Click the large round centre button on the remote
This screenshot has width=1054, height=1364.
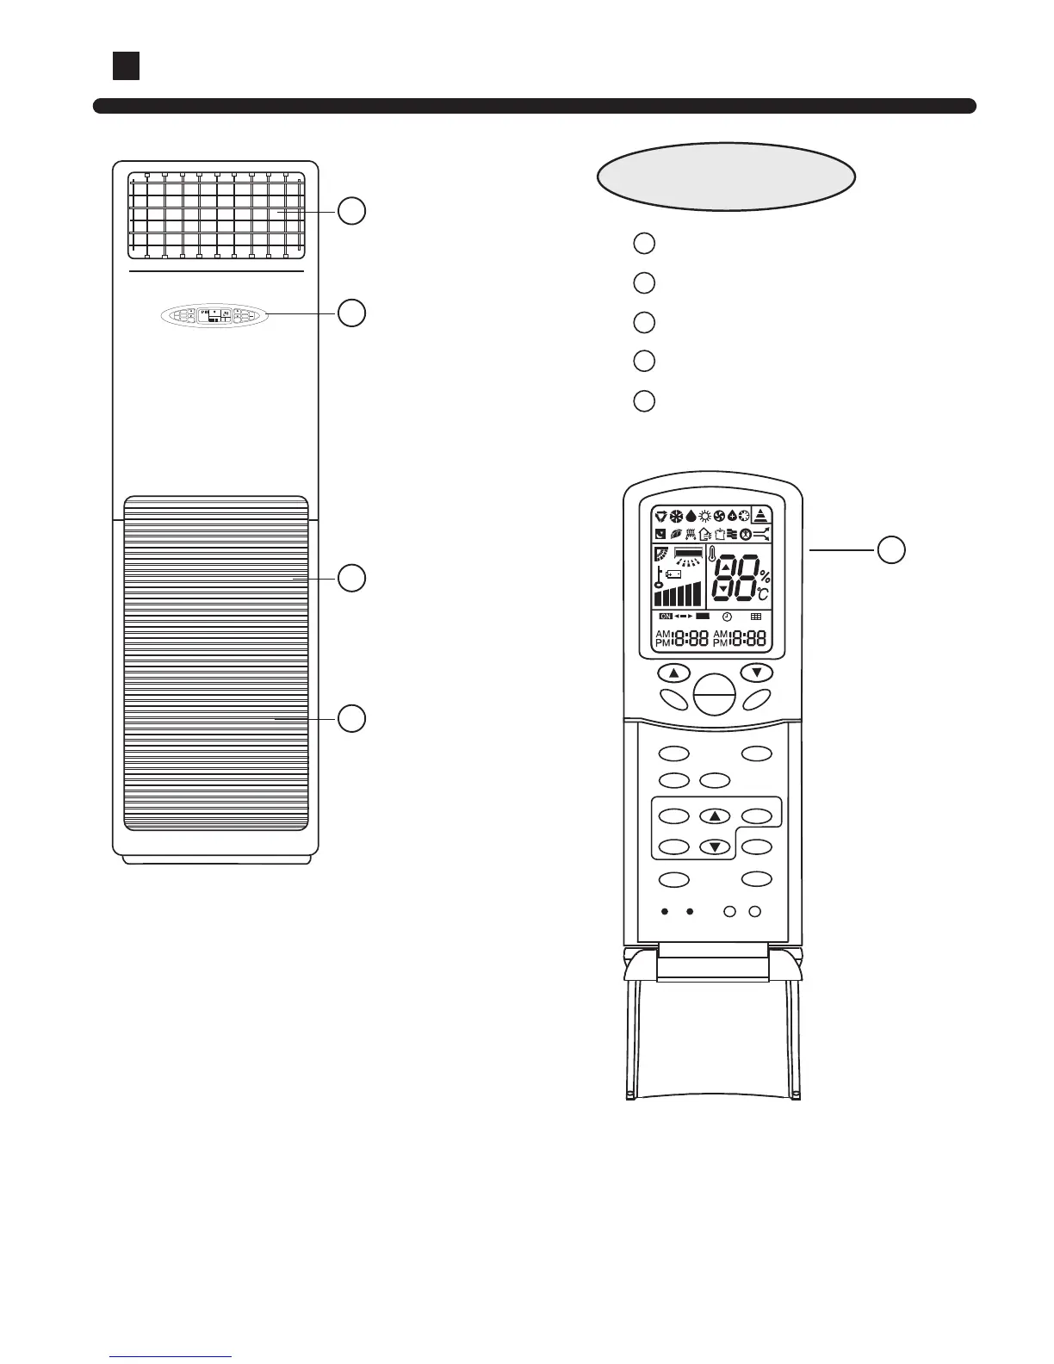(714, 694)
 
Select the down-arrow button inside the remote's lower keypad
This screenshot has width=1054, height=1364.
(715, 846)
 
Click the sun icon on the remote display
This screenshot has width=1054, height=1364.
(704, 517)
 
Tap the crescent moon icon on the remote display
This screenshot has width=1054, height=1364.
(660, 534)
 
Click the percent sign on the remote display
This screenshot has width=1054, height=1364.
(765, 577)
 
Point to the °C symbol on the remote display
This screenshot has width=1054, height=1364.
(763, 593)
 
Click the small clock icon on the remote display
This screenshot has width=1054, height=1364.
(728, 617)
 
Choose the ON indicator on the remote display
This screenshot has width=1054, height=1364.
(665, 617)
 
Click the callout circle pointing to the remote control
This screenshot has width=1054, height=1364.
(891, 549)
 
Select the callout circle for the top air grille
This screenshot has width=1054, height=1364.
(351, 210)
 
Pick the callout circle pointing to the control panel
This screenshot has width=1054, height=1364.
(351, 313)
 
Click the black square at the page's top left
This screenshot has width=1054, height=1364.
(126, 65)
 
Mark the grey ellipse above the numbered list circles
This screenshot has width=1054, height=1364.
(726, 177)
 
